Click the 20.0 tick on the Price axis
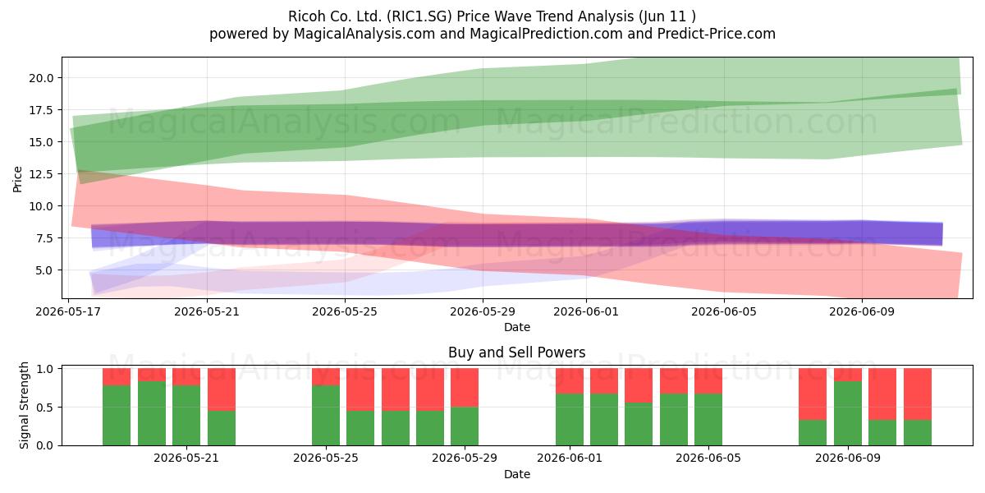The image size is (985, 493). click(41, 78)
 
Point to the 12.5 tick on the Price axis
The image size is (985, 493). click(41, 174)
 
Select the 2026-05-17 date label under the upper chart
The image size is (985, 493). click(68, 311)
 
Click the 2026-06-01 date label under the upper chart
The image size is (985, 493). click(586, 311)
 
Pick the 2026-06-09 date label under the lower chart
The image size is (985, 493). click(848, 458)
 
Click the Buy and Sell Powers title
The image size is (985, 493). click(516, 352)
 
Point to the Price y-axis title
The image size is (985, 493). click(17, 179)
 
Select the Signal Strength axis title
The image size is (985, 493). click(24, 405)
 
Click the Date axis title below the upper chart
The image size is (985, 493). click(516, 327)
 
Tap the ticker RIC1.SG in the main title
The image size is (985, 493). click(419, 16)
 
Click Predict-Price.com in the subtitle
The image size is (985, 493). click(717, 34)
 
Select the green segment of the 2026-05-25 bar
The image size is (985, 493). click(326, 415)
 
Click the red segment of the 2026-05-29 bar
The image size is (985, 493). click(465, 387)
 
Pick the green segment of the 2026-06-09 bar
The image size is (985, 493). click(848, 413)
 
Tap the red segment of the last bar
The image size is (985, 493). click(918, 394)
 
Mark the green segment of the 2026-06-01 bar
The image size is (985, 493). click(570, 420)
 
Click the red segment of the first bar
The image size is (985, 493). click(117, 377)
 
